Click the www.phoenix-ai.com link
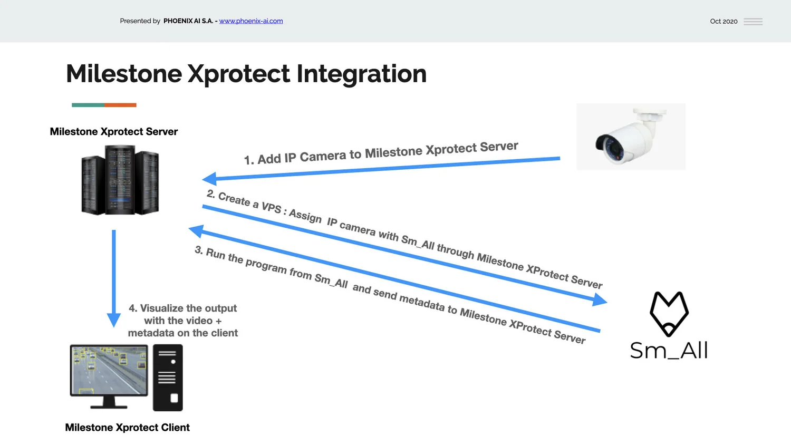[x=251, y=21]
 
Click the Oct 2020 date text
[x=724, y=22]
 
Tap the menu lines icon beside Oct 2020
[x=753, y=22]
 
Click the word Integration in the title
[x=361, y=74]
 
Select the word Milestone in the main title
[x=124, y=74]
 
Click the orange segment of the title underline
[x=120, y=105]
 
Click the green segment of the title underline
[x=88, y=105]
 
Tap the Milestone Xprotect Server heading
[x=113, y=132]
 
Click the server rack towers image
[x=120, y=180]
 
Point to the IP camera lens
[x=610, y=146]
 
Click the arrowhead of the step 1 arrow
[x=209, y=179]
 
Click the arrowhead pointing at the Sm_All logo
[x=600, y=300]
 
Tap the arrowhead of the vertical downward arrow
[x=113, y=320]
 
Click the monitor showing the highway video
[x=109, y=371]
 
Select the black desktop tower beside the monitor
[x=168, y=378]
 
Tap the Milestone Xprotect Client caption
[x=127, y=428]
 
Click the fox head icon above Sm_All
[x=669, y=314]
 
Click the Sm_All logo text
[x=669, y=351]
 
